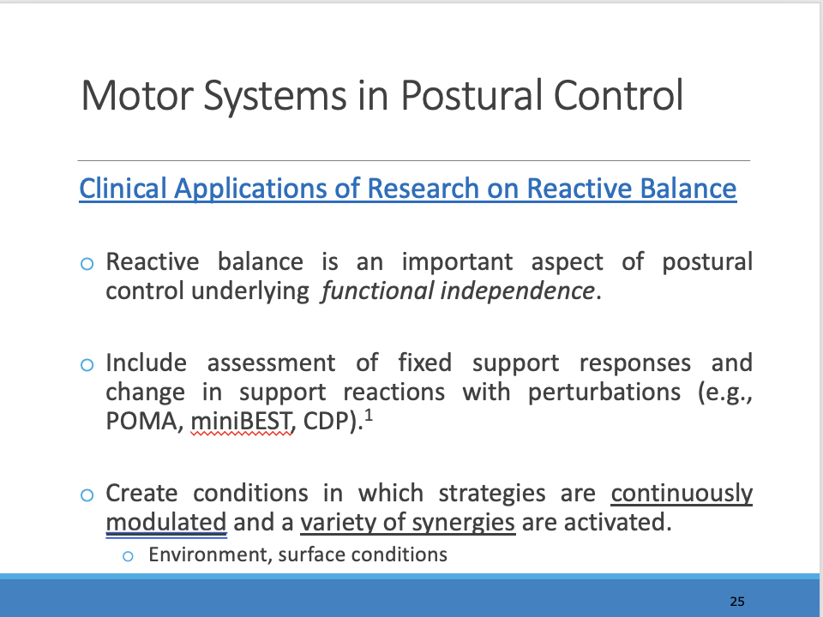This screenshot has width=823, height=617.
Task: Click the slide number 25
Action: (x=737, y=602)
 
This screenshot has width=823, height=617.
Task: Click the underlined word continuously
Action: (x=682, y=494)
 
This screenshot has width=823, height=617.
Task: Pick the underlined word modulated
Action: (x=165, y=522)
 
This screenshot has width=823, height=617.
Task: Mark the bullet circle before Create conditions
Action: (x=87, y=495)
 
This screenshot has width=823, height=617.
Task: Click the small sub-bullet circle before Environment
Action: (x=128, y=556)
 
